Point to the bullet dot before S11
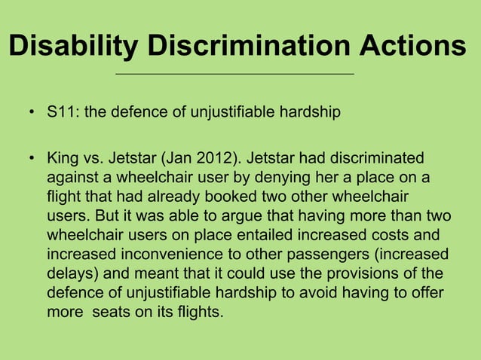[32, 114]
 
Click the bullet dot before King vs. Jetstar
[32, 159]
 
